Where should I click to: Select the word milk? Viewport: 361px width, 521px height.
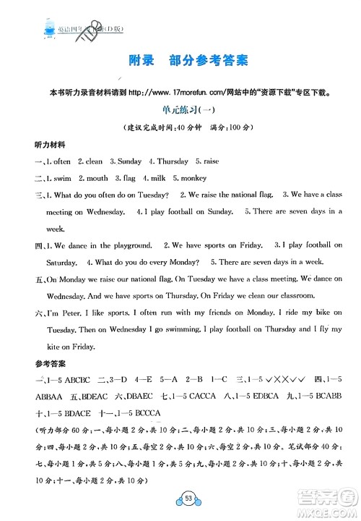(155, 178)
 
